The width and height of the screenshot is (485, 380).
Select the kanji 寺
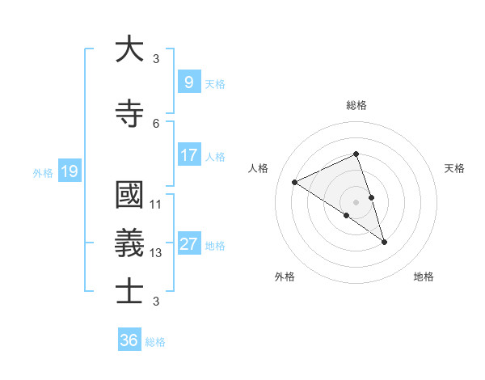pos(129,113)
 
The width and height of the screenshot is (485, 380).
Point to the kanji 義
pos(129,243)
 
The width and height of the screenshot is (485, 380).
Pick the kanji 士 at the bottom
pos(129,291)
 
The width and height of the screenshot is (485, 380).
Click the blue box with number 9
pos(188,82)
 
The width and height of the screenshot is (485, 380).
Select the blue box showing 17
pos(188,155)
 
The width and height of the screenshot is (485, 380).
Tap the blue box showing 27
pos(188,244)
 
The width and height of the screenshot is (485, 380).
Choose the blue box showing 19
pos(69,171)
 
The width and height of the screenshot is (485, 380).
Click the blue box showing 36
pos(129,340)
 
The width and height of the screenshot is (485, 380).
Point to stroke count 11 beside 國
pos(156,205)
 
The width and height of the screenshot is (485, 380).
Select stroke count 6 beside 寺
pos(156,123)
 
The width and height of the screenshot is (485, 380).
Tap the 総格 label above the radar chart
pos(356,106)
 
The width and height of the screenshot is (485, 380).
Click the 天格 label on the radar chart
pos(454,168)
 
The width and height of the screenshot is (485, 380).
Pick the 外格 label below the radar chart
pos(285,277)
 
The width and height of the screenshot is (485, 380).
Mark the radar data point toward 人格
pos(295,182)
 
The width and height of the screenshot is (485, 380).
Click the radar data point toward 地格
pos(385,242)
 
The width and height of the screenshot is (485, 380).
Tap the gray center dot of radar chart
pos(356,201)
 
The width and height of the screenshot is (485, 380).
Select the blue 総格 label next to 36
pos(156,342)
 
